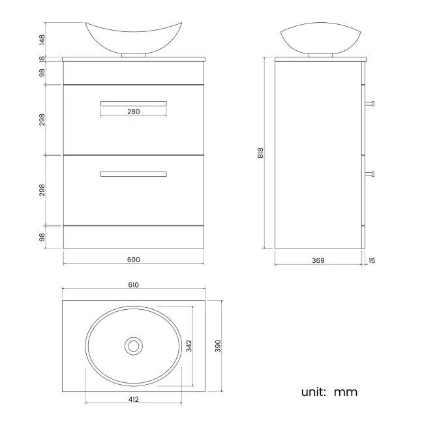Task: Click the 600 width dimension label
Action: coord(133,260)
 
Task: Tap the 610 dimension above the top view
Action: coord(134,285)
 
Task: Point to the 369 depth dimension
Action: coord(318,260)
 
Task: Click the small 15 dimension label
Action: coord(372,260)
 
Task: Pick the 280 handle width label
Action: coord(133,112)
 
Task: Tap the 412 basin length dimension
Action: coord(134,399)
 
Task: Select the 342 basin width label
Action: coord(189,346)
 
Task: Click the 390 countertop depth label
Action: coord(218,346)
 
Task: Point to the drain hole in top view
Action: coord(134,346)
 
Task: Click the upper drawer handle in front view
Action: coord(134,102)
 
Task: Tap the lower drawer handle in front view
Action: coord(134,174)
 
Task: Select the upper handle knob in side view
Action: coord(371,102)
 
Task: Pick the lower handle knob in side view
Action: coord(371,174)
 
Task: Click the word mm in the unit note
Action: coord(346,392)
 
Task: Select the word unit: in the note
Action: coord(314,392)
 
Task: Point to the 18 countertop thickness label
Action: coord(41,59)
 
